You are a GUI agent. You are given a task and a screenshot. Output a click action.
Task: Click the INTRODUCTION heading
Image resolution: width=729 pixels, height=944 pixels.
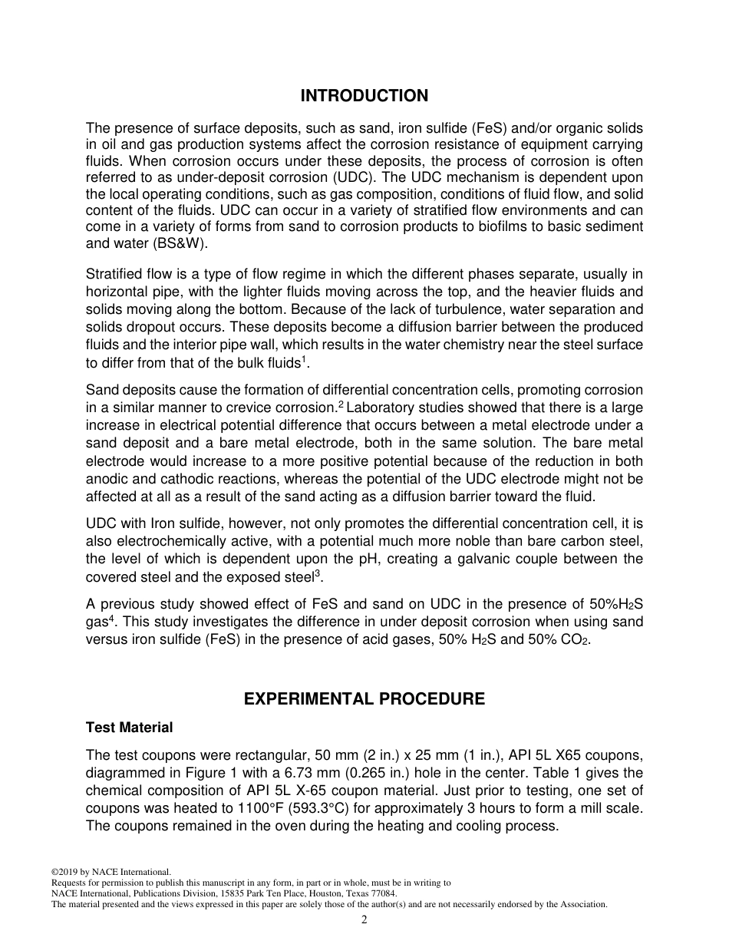tap(364, 96)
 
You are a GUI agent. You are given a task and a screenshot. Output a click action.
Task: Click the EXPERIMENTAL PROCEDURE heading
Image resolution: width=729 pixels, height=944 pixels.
tap(364, 699)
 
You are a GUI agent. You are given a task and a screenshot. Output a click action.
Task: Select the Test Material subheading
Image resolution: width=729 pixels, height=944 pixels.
tap(129, 727)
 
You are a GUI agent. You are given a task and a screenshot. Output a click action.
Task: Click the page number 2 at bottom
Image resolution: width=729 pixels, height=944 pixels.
tap(364, 920)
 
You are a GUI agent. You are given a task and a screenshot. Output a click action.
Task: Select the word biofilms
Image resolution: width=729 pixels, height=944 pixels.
tap(473, 226)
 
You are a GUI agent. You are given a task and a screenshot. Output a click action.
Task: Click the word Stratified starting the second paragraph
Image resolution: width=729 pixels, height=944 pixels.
tap(112, 274)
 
